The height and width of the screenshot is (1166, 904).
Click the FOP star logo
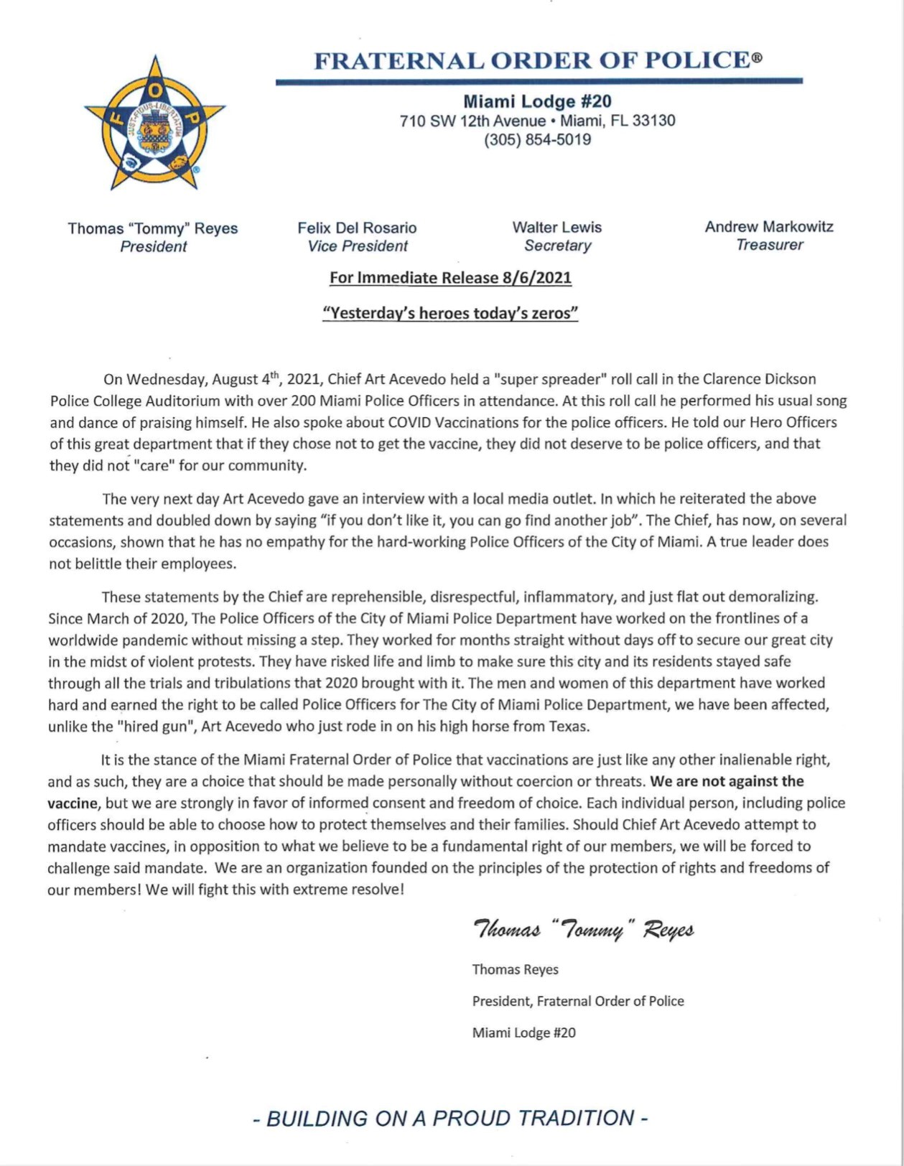(154, 124)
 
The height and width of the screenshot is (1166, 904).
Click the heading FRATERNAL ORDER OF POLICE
(538, 60)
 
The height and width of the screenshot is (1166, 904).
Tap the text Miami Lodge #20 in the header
(537, 102)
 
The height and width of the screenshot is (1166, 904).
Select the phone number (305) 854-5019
(537, 139)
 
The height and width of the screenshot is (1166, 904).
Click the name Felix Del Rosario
(357, 228)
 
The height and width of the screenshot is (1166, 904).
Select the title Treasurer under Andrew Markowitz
(769, 245)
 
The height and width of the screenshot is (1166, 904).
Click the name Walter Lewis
(556, 227)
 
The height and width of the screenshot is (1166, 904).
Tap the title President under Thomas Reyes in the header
(153, 246)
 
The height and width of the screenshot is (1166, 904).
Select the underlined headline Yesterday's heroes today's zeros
(451, 313)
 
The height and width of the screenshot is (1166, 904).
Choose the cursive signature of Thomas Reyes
(583, 931)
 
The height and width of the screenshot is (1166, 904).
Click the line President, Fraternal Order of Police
(577, 1001)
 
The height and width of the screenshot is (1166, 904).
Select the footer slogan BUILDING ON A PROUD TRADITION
(451, 1119)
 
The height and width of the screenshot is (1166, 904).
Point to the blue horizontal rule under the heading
(539, 82)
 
